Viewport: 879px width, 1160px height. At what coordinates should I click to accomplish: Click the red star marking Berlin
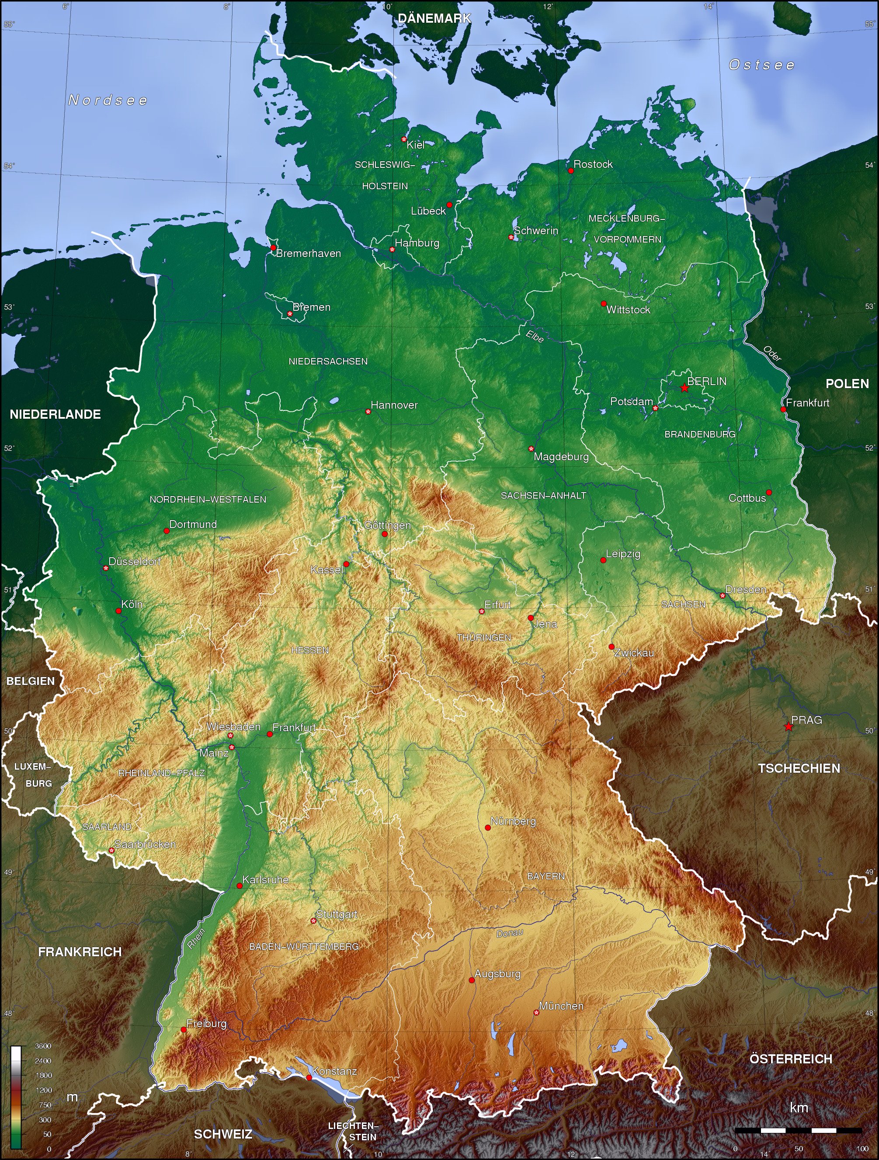click(x=684, y=388)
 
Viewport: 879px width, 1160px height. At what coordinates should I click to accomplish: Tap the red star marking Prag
click(x=788, y=726)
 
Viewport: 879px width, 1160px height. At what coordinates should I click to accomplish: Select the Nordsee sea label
click(x=108, y=100)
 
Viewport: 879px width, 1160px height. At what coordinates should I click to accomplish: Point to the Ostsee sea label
click(x=761, y=65)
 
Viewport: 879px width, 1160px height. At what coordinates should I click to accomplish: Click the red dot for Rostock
click(x=570, y=170)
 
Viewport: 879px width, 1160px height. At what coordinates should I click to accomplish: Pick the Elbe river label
click(x=535, y=336)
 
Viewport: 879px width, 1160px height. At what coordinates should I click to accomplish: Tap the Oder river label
click(x=772, y=354)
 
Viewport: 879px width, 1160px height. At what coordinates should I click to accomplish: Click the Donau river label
click(x=509, y=934)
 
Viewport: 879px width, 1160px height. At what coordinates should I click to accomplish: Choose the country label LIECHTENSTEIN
click(x=352, y=1131)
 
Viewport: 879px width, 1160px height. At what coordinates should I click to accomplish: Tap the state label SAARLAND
click(x=107, y=827)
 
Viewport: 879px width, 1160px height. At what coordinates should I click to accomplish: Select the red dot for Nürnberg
click(x=488, y=827)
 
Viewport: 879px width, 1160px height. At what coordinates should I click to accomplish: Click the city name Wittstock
click(x=628, y=310)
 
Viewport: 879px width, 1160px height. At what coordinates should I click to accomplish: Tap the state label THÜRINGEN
click(x=483, y=638)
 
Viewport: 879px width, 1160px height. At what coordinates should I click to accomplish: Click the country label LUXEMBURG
click(x=32, y=774)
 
